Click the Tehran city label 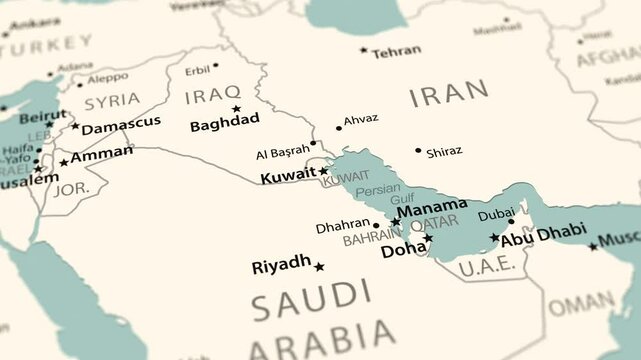[396, 51]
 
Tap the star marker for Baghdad [237, 108]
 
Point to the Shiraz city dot [419, 151]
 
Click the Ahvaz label [361, 119]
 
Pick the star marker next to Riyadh [319, 267]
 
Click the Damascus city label [121, 124]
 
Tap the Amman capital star [64, 162]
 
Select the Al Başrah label [283, 152]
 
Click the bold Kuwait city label [288, 176]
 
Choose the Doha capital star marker [428, 238]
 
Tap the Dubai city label [497, 214]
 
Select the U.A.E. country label [487, 265]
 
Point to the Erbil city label [198, 70]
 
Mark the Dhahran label [343, 227]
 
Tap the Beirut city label [43, 116]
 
